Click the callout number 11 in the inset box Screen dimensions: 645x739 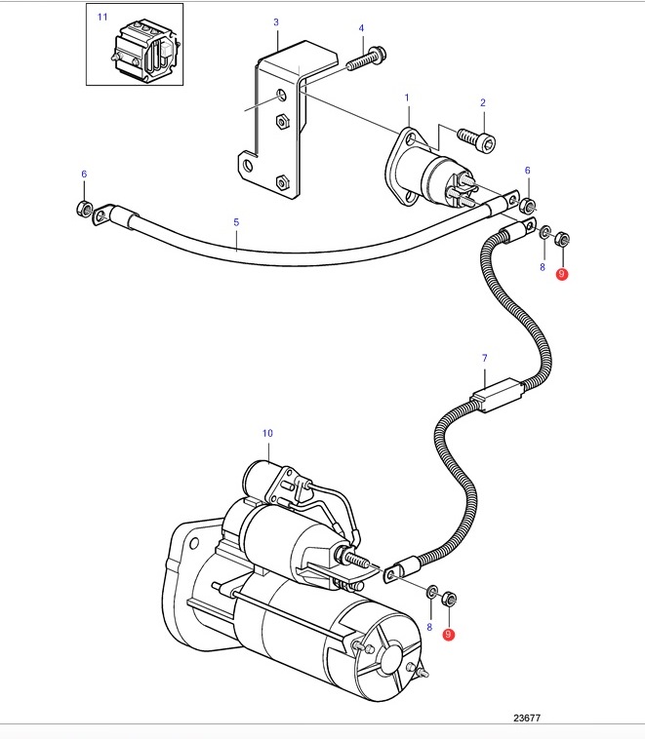point(102,17)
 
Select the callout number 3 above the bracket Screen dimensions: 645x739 point(276,22)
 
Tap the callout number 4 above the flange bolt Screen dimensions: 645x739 point(361,28)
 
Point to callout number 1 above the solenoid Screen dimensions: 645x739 point(407,97)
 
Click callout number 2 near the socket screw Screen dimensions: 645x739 point(483,102)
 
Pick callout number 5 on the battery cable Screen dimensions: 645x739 point(236,222)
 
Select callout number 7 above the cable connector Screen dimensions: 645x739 point(485,358)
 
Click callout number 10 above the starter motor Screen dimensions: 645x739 point(267,433)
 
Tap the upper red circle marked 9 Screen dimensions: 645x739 point(561,274)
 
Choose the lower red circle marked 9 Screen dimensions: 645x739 point(448,635)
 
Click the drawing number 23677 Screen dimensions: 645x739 point(527,718)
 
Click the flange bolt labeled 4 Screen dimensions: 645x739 point(367,58)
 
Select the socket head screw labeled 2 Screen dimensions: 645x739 point(477,139)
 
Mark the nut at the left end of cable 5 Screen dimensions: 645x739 point(84,209)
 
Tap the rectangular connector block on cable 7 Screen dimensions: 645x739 point(498,395)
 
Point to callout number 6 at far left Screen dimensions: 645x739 point(84,174)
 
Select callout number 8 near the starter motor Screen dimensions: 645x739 point(429,627)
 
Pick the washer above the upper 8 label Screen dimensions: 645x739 point(544,232)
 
